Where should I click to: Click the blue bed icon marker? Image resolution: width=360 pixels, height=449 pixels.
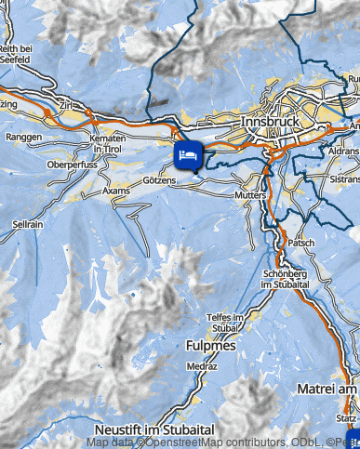pos(188,153)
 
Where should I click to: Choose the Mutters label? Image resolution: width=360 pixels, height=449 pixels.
pos(252,197)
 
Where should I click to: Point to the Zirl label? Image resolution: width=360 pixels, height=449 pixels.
pos(66,106)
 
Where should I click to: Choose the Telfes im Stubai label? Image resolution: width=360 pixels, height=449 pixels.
pos(224,324)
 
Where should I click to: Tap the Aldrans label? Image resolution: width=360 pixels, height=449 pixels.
pos(342,150)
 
